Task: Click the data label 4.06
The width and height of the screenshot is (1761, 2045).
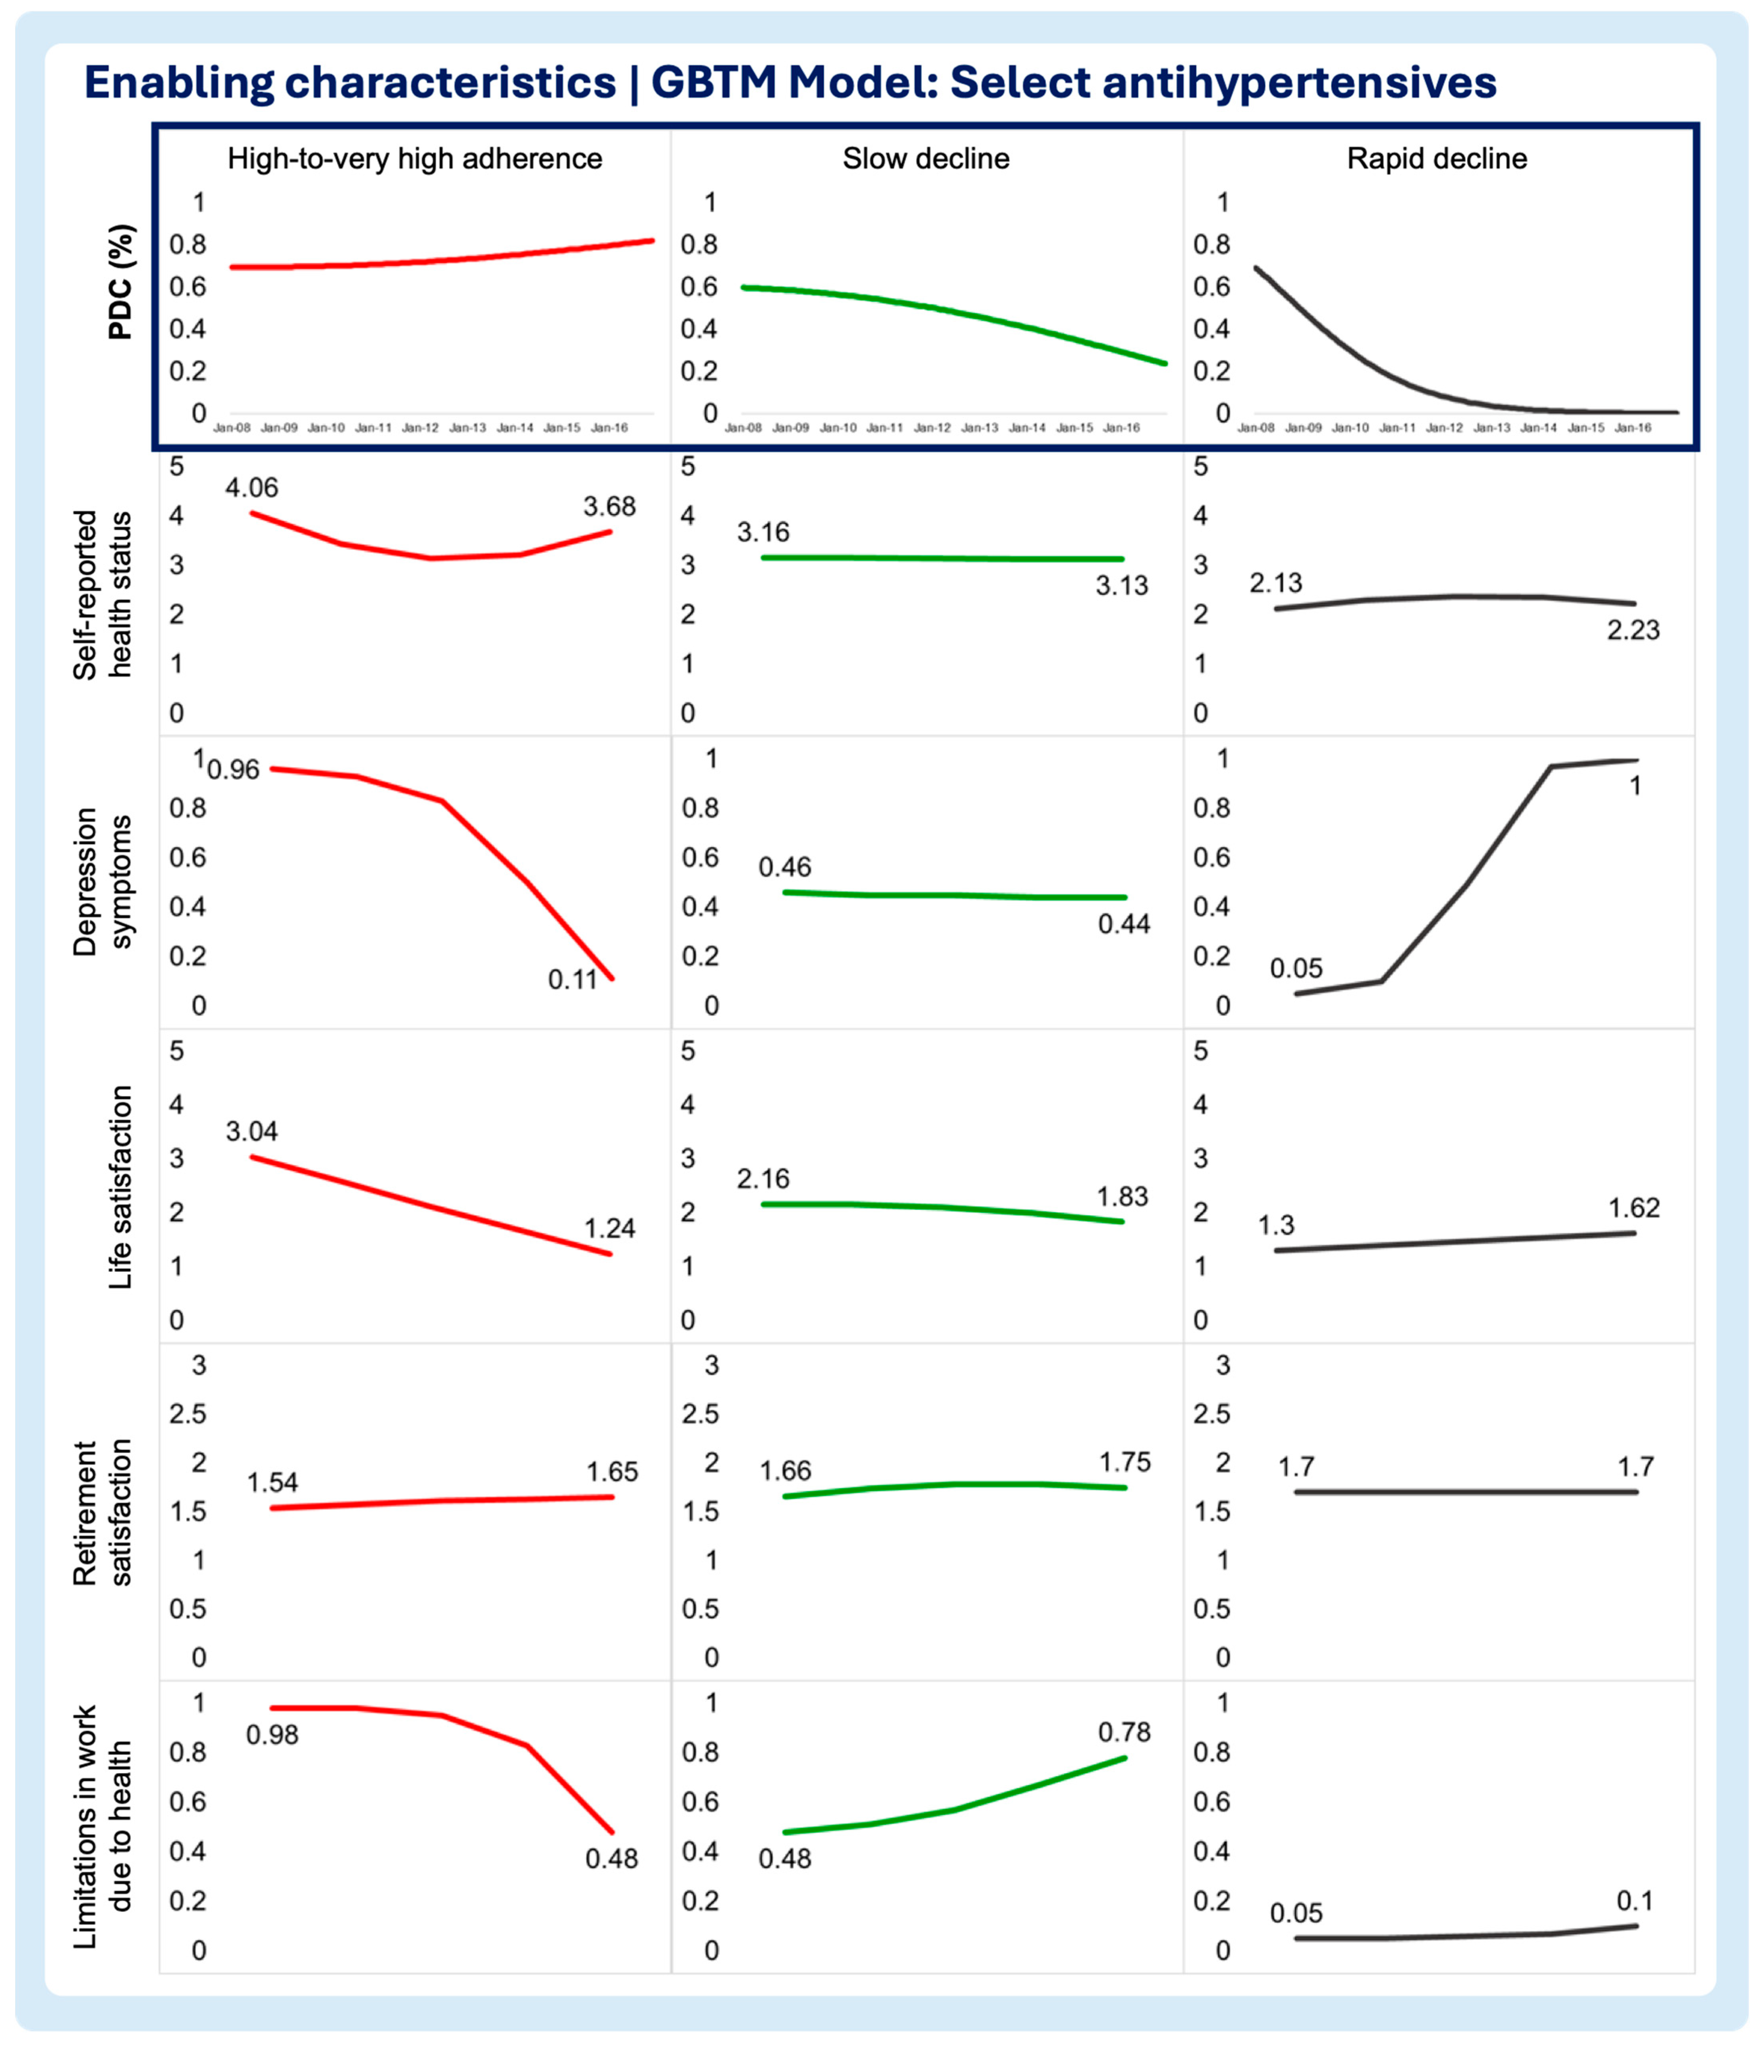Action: pos(252,487)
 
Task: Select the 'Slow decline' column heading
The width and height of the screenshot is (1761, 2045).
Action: pos(926,159)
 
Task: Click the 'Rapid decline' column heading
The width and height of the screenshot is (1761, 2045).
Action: pos(1437,159)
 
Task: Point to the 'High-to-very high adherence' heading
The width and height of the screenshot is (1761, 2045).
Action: pos(415,159)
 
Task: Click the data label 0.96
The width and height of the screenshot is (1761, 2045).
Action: pos(234,770)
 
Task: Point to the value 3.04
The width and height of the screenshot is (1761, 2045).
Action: pos(252,1131)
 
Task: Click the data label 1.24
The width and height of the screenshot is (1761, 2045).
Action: pos(609,1229)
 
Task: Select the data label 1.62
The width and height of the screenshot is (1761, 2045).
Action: pos(1634,1208)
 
